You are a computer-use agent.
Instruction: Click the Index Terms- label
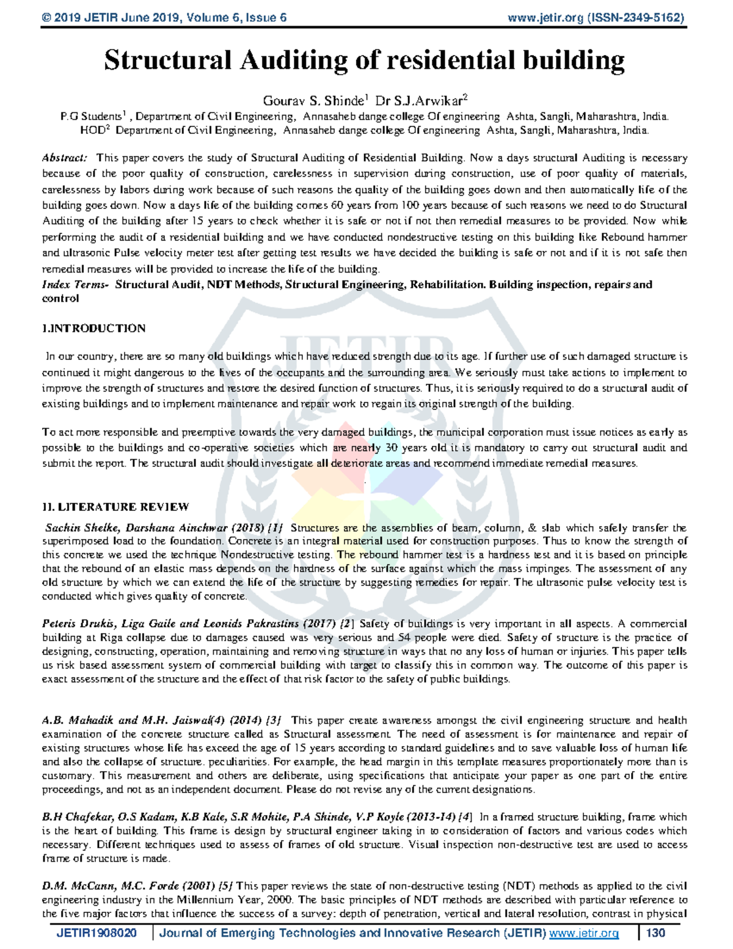pos(75,284)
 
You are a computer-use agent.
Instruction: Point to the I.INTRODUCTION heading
pos(93,328)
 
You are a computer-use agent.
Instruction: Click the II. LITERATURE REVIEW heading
pos(115,507)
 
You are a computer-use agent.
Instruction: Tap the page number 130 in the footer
pos(655,933)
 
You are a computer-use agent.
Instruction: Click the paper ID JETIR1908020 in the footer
pos(97,933)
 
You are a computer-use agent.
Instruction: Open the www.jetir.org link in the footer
pos(584,933)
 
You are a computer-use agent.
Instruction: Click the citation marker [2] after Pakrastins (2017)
pos(346,624)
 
